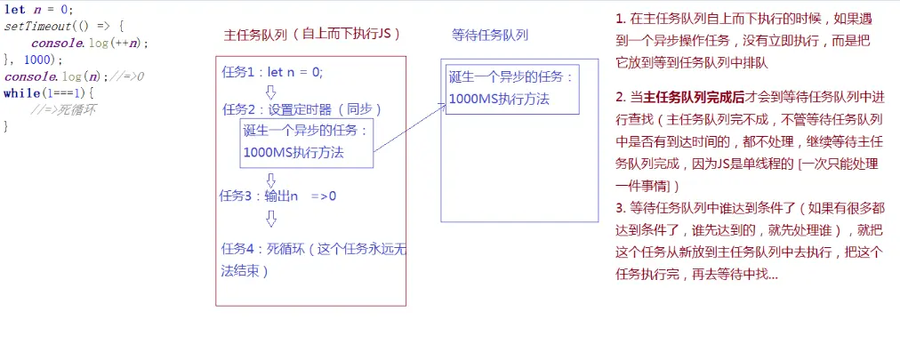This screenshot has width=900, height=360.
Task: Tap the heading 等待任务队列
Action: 490,35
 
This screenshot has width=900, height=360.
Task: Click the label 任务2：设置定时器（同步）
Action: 301,109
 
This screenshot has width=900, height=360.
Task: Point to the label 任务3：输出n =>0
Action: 277,196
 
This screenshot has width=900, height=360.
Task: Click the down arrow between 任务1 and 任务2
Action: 271,92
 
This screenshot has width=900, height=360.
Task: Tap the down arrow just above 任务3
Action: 271,179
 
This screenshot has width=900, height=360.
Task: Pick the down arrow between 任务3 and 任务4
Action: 271,218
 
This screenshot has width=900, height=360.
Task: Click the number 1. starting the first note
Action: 620,18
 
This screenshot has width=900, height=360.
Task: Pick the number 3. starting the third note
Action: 620,209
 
